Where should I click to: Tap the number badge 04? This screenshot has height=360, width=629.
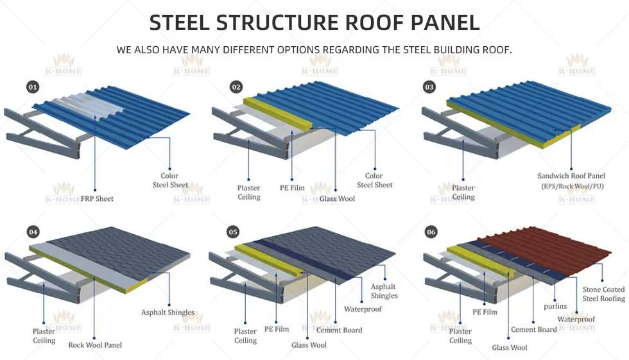point(33,231)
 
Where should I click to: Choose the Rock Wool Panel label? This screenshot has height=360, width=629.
point(95,345)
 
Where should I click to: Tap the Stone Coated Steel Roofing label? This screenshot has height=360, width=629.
point(603,294)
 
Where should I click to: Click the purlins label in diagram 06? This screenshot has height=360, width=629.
point(555,306)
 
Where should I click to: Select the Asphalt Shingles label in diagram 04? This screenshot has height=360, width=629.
point(168,313)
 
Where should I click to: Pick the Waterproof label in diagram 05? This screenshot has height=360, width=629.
point(363,309)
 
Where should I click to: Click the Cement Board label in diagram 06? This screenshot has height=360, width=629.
point(534,330)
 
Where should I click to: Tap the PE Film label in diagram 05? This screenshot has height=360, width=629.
point(277,329)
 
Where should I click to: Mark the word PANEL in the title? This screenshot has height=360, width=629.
point(440,23)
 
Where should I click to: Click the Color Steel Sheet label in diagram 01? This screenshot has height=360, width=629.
point(170,180)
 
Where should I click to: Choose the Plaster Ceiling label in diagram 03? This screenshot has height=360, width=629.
point(463,193)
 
